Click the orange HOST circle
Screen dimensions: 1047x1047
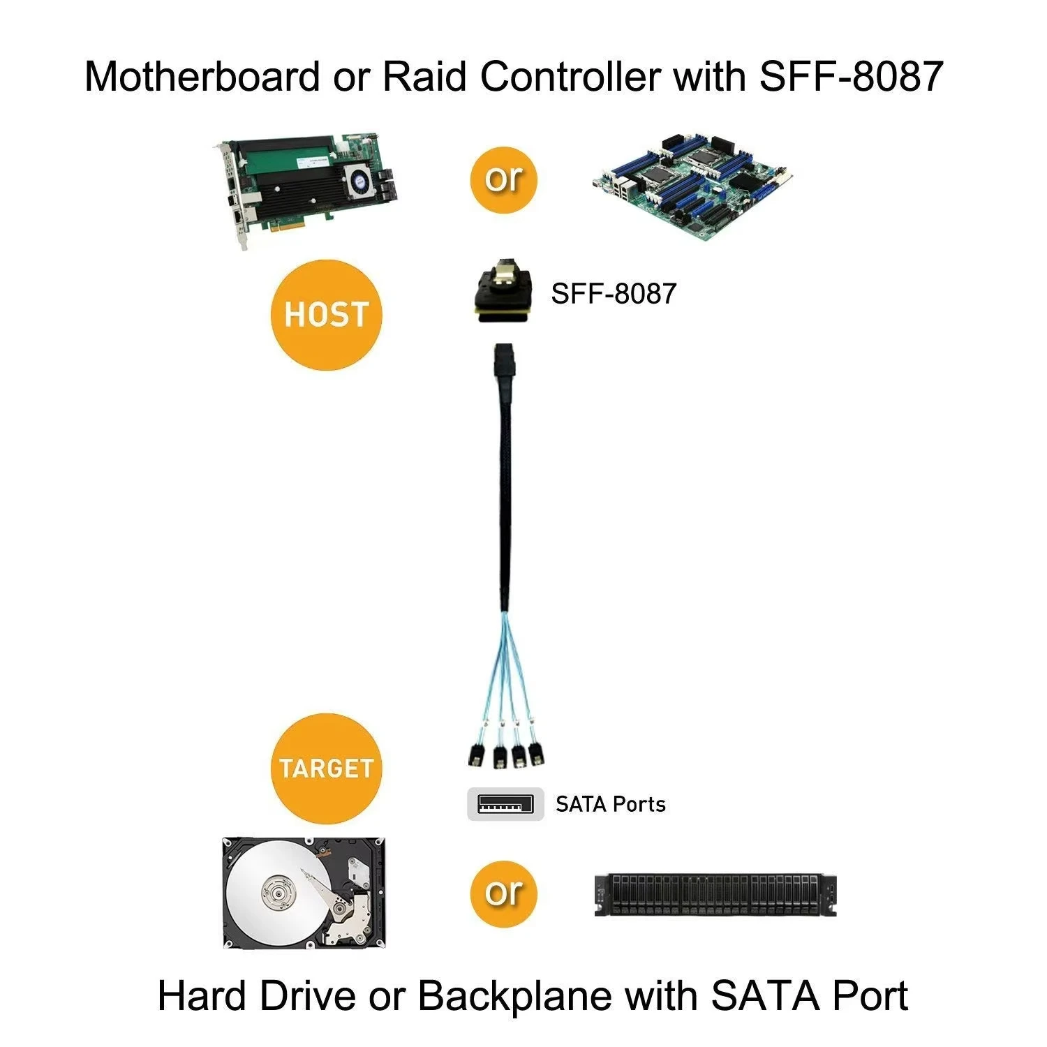click(326, 315)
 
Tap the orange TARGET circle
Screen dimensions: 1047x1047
click(326, 768)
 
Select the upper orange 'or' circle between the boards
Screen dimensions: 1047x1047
click(503, 179)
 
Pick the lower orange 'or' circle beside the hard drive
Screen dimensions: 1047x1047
click(503, 893)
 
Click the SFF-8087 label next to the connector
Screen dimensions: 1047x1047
click(614, 293)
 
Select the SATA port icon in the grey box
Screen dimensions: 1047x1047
click(505, 804)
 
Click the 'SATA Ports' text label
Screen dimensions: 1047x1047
click(610, 804)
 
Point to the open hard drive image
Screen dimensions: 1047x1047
click(304, 893)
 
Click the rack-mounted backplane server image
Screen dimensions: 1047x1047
click(715, 895)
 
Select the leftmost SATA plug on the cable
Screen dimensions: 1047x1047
click(474, 755)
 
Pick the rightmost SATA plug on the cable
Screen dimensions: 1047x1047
click(536, 755)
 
